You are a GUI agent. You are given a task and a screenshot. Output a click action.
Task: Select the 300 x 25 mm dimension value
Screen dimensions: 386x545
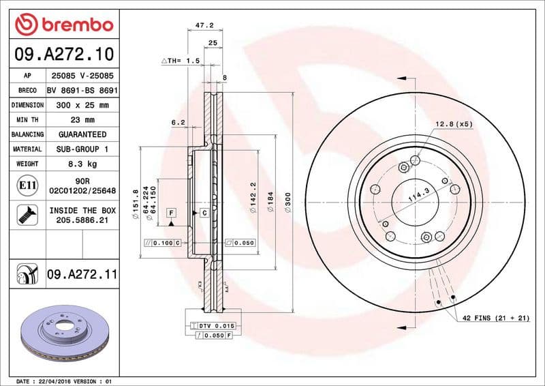coord(82,105)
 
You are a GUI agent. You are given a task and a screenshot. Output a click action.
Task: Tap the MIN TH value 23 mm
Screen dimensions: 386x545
coord(82,119)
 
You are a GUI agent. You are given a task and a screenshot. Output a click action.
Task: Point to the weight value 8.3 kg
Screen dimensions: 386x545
coord(82,164)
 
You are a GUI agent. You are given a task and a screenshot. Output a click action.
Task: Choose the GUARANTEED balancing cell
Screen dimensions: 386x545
coord(82,134)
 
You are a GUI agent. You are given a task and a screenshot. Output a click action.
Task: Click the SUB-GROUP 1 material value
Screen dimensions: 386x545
coord(82,149)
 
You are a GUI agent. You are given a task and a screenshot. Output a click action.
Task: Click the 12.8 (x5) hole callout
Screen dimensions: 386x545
coord(454,124)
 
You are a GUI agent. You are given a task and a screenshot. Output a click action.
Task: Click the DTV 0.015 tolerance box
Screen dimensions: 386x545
coord(216,327)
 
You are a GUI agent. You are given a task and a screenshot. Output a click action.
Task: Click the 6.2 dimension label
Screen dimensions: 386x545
coord(178,123)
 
